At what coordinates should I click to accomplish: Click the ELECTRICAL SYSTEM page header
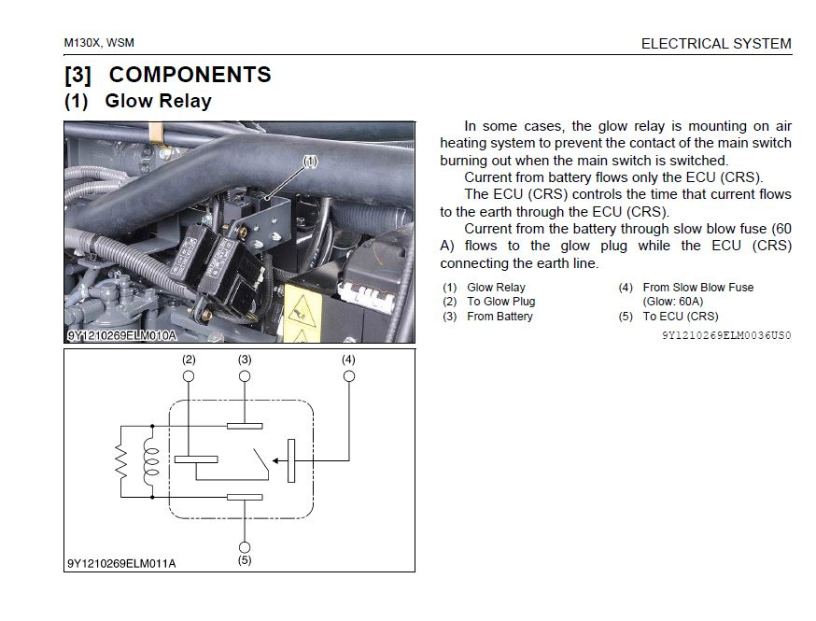coord(715,43)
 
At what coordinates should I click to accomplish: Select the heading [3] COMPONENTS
coord(168,75)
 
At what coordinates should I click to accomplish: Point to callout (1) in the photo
coord(311,161)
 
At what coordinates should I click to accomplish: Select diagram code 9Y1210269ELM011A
coord(121,562)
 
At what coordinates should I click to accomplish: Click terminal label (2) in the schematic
coord(189,360)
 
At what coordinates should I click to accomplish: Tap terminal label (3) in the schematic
coord(245,360)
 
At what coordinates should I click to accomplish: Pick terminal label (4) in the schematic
coord(348,360)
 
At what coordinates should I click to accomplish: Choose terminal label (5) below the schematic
coord(245,561)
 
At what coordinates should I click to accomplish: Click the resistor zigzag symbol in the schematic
coord(120,460)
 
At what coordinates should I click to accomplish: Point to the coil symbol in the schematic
coord(148,460)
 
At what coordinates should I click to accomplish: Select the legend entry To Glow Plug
coord(500,302)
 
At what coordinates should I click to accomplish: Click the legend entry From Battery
coord(499,317)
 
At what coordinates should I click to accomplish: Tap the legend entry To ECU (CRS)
coord(681,317)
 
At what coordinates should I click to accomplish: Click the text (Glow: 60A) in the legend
coord(672,302)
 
